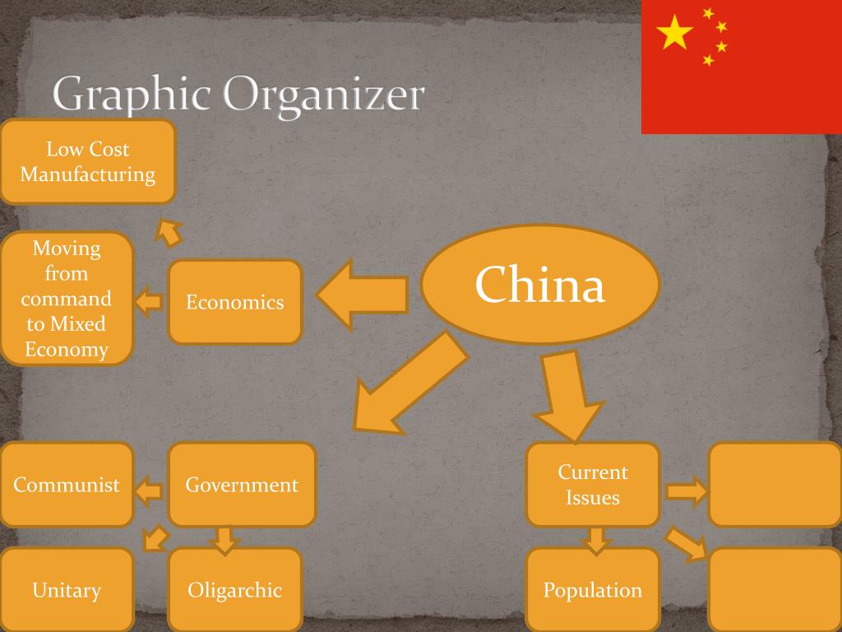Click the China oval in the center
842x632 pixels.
coord(539,284)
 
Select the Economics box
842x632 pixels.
coord(235,302)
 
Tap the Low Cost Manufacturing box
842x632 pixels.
coord(87,162)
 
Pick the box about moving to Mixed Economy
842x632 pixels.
coord(66,299)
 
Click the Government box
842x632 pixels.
coord(242,485)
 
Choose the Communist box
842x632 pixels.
coord(66,485)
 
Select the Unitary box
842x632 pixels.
coord(66,590)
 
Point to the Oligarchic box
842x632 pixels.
coord(235,590)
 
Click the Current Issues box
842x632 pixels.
coord(592,485)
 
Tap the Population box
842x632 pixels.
coord(592,590)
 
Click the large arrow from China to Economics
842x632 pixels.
coord(363,295)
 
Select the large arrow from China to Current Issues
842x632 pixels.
coord(568,396)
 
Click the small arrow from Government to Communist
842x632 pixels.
coord(149,491)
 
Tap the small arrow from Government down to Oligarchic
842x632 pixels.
coord(225,541)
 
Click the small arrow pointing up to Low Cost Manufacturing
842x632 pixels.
coord(169,233)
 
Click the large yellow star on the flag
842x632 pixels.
coord(674,32)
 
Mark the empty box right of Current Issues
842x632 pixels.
coord(775,485)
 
